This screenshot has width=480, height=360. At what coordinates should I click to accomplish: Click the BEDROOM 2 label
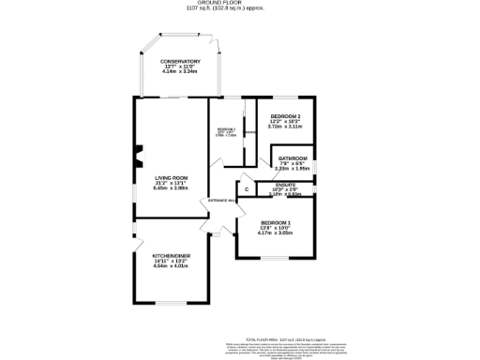tap(284, 115)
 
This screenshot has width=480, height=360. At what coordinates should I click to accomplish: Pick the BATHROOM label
tap(291, 157)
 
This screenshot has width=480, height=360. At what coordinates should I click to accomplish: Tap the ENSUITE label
tap(288, 185)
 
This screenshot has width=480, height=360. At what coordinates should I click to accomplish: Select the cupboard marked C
tap(246, 189)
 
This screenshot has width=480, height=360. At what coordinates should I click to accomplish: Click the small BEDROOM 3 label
tap(225, 128)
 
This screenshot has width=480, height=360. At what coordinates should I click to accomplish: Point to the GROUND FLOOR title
tap(239, 4)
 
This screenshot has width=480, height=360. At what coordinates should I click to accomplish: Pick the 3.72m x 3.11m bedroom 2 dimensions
tap(284, 127)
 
